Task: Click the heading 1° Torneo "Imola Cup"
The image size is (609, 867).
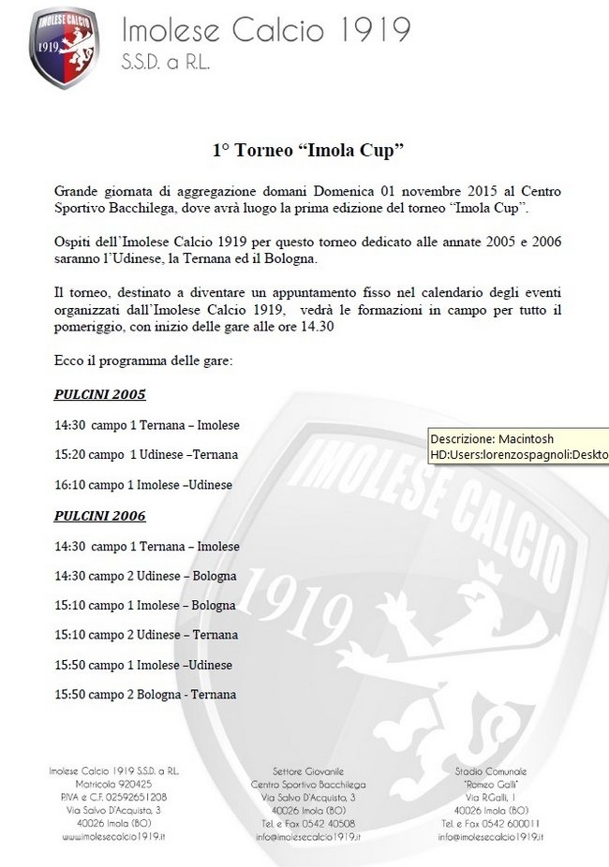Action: [307, 149]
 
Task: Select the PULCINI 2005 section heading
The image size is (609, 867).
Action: [99, 394]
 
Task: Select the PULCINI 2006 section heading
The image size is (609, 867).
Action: [99, 516]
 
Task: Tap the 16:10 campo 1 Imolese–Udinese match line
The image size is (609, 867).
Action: [143, 485]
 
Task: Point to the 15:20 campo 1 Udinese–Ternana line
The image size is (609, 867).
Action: [146, 454]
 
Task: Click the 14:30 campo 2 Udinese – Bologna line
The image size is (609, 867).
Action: [145, 576]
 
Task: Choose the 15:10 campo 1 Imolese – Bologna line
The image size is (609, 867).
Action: [145, 606]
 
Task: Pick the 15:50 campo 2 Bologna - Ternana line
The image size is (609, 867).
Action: [145, 695]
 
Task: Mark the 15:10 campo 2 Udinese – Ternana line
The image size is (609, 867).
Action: [145, 635]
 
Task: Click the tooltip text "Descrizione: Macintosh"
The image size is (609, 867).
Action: [492, 438]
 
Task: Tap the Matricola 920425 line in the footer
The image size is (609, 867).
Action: [112, 783]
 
